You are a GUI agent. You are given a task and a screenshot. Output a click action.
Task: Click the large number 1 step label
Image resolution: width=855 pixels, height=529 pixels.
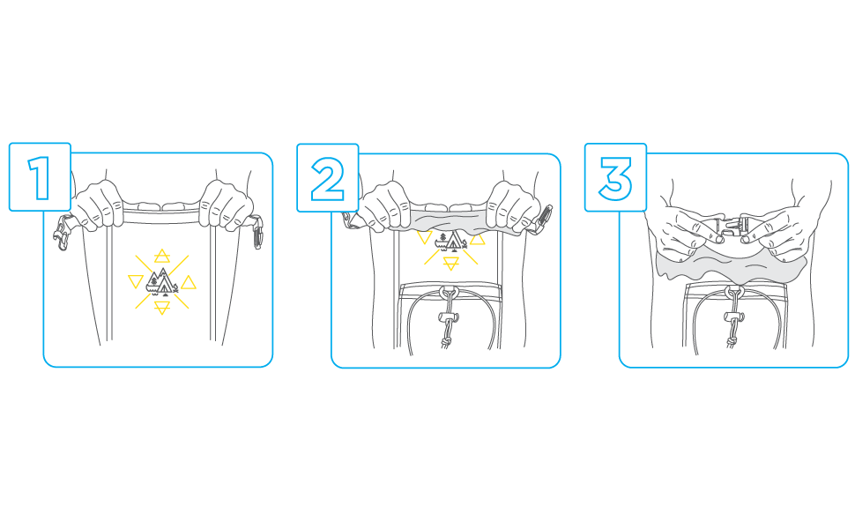[x=40, y=178]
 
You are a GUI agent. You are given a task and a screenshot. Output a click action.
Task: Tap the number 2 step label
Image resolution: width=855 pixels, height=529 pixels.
[x=327, y=178]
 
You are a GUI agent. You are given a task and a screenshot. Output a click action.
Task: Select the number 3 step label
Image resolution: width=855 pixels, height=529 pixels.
[x=615, y=178]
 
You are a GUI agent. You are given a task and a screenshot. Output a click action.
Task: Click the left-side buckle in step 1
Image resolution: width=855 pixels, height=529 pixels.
[x=63, y=233]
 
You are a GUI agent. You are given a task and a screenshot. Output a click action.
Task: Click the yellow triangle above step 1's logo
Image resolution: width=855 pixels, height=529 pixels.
[x=162, y=256]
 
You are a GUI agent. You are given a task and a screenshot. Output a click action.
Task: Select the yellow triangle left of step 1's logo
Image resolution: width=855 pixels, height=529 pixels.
[x=135, y=281]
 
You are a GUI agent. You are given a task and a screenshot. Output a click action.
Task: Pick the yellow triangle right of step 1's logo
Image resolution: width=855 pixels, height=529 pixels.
[x=189, y=282]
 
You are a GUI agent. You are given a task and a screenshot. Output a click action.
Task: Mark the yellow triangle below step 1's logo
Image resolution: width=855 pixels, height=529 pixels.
[x=162, y=308]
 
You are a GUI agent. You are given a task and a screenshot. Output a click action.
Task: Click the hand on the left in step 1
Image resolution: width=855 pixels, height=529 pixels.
[x=98, y=205]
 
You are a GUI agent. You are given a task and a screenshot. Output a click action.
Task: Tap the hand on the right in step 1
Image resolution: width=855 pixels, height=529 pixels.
[x=225, y=205]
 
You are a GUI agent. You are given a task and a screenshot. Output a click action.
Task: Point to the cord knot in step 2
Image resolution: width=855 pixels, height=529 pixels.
[x=447, y=342]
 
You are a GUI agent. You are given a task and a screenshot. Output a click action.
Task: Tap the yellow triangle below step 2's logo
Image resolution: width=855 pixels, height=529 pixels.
[x=451, y=264]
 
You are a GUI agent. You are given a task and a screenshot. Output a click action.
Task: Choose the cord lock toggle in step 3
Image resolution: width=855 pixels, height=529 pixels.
[x=733, y=317]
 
